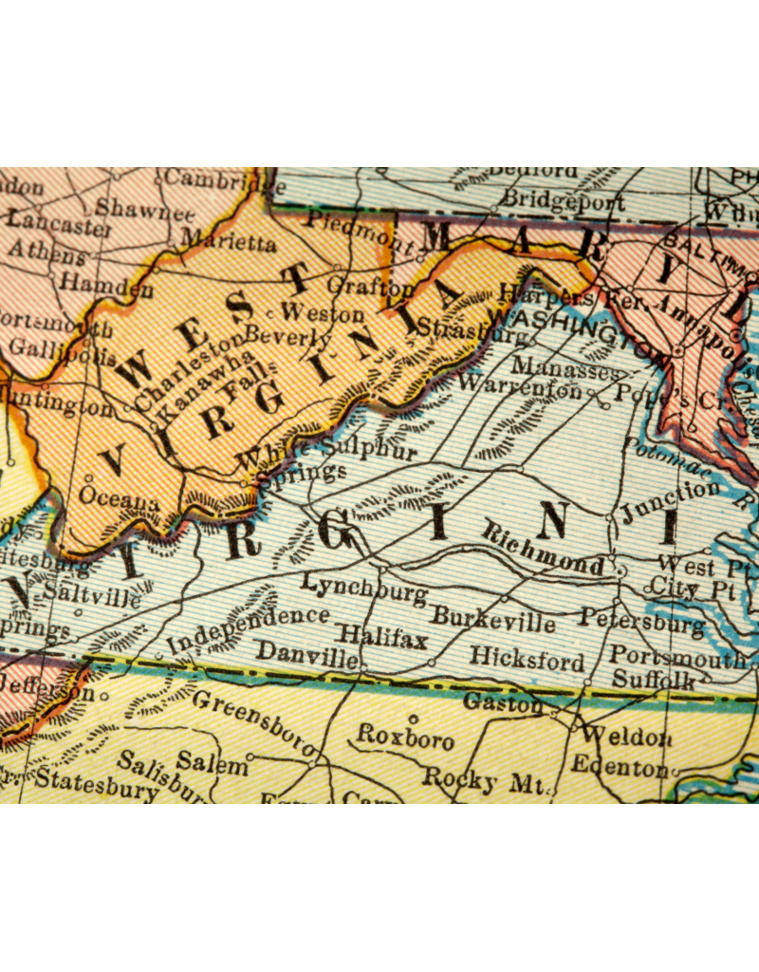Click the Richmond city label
[x=544, y=551]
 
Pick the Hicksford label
[x=527, y=658]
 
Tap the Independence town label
[x=248, y=628]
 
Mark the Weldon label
[x=627, y=736]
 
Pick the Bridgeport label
[x=563, y=201]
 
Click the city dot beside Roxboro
[x=412, y=719]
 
